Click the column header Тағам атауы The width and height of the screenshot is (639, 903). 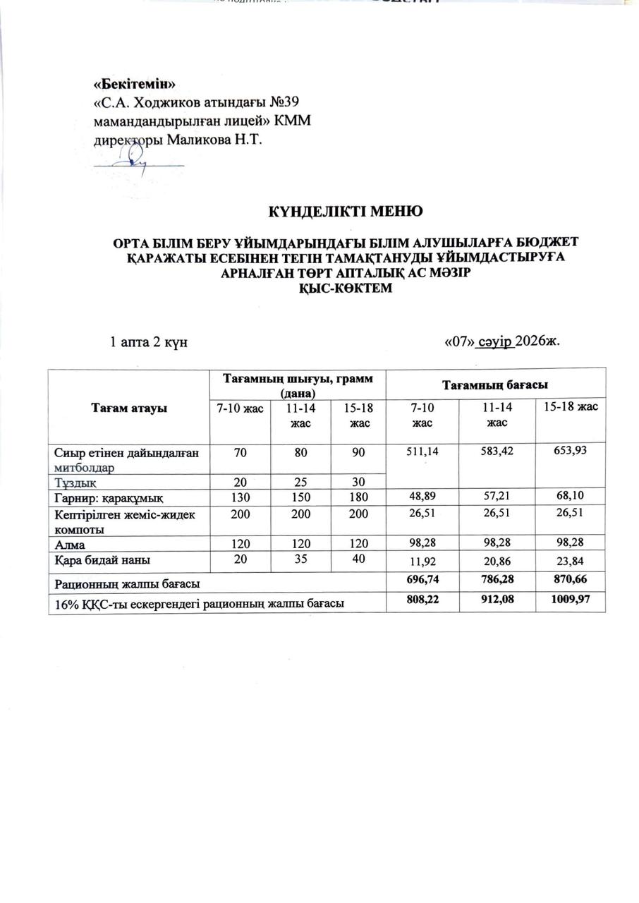pos(128,409)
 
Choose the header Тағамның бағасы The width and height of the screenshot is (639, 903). pos(496,384)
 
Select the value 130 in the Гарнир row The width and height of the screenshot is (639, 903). pos(240,497)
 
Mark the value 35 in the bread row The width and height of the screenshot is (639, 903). pos(300,559)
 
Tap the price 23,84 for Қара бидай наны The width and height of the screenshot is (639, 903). pos(571,561)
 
